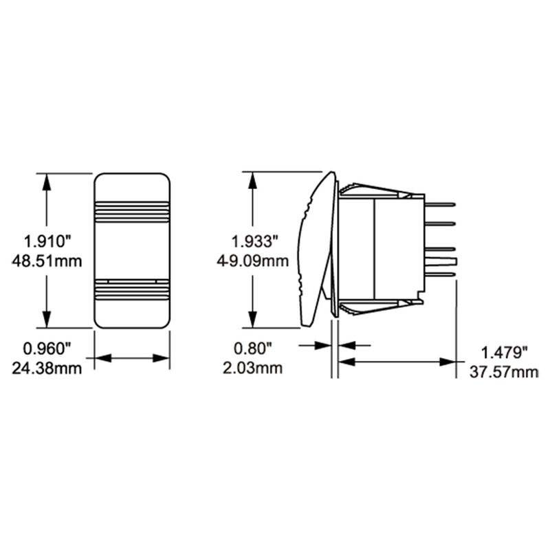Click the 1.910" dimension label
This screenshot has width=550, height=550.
(x=47, y=242)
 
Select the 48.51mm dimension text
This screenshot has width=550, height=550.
(x=47, y=261)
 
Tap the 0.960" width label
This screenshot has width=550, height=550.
(x=47, y=349)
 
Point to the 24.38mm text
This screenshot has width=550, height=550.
(x=47, y=368)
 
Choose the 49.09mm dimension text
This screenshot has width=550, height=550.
(x=253, y=261)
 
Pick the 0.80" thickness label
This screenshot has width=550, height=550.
(x=253, y=349)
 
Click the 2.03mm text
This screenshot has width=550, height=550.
(x=253, y=368)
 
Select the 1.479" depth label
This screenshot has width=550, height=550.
(x=504, y=353)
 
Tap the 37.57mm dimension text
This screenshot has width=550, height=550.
(x=504, y=372)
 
